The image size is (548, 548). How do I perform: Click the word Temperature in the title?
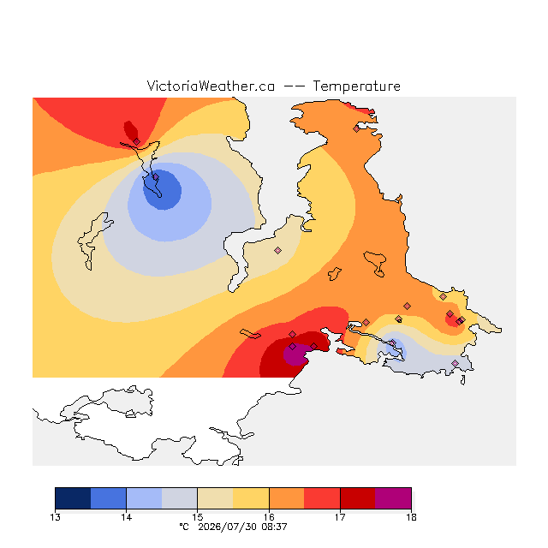[356, 86]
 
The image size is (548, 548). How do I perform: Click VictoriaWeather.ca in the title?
[211, 86]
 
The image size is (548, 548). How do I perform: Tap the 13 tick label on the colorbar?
[55, 517]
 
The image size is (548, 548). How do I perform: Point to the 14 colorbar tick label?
[126, 517]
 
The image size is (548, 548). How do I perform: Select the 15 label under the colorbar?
[198, 517]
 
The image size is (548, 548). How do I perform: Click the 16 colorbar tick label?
[269, 517]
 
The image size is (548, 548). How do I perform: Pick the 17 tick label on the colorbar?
[340, 517]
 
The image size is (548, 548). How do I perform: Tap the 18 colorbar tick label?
[411, 517]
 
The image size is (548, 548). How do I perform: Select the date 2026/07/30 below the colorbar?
[229, 527]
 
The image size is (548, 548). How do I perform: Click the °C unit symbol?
[184, 527]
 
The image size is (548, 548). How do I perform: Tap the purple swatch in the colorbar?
[393, 498]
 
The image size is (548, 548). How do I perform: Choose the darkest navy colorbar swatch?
[73, 498]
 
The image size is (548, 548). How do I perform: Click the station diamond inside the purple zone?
[293, 346]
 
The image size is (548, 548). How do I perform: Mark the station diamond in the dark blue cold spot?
[156, 177]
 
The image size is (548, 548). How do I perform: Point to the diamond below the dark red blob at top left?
[137, 141]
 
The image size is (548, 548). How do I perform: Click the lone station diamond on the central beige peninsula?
[277, 250]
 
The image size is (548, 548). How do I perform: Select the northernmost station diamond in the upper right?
[356, 129]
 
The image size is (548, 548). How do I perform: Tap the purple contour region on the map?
[296, 354]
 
